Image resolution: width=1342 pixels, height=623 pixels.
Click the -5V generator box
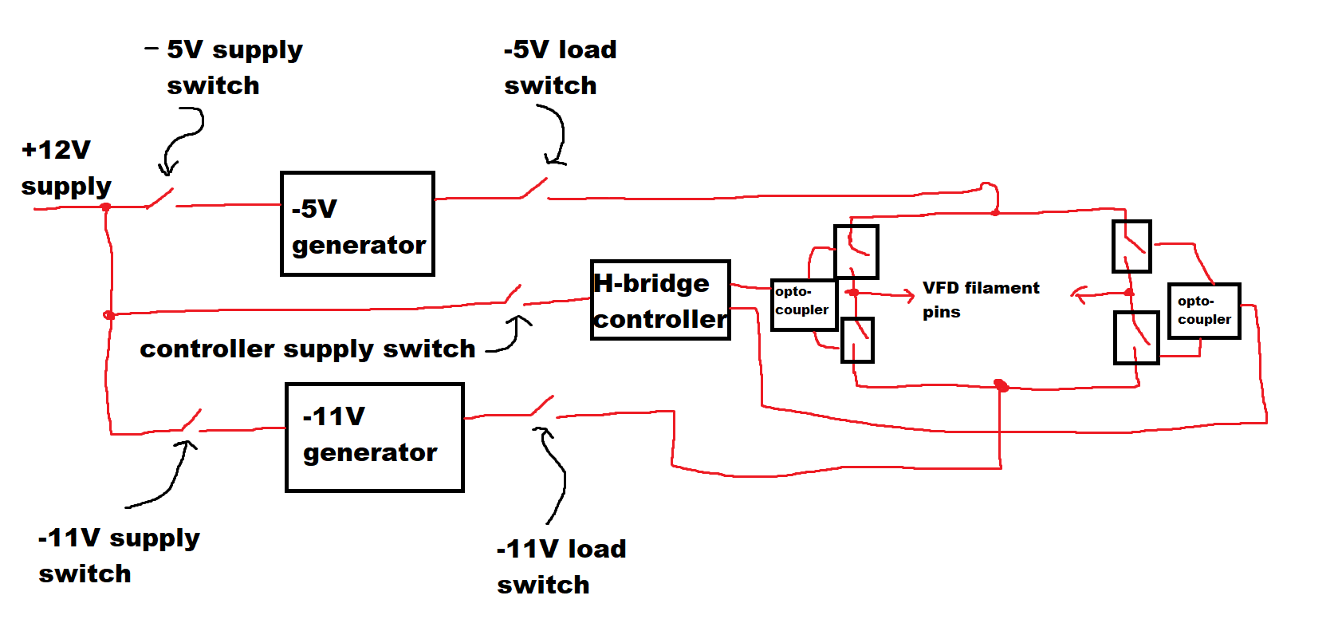tap(357, 224)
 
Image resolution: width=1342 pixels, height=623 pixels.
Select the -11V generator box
tap(374, 437)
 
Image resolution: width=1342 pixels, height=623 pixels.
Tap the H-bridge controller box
tap(660, 300)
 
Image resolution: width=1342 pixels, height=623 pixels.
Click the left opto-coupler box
tap(803, 304)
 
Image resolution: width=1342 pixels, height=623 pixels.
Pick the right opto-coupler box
tap(1204, 310)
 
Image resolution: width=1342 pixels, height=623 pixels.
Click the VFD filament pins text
tap(980, 299)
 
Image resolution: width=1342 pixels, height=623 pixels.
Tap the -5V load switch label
tap(559, 67)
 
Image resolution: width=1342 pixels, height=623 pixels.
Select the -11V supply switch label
tap(118, 555)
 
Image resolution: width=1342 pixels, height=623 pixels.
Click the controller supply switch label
tap(307, 349)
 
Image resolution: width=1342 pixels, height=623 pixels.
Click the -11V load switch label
tap(561, 566)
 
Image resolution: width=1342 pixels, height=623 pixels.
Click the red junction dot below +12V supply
tap(105, 207)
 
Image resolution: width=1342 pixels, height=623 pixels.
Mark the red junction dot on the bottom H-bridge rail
tap(1001, 386)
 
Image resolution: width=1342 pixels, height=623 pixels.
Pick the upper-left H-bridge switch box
tap(856, 251)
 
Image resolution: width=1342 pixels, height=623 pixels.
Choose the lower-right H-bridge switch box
tap(1135, 337)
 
